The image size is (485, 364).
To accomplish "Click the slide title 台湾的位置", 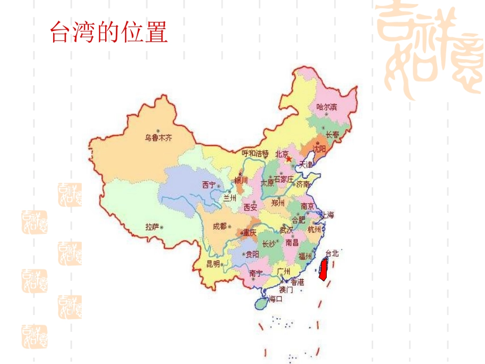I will coord(109,33).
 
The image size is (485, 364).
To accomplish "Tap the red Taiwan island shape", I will coord(323,269).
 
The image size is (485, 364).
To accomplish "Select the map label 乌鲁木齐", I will coord(158,137).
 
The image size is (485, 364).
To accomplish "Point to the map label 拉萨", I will coord(152,227).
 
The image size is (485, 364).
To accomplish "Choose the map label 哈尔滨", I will coord(327,107).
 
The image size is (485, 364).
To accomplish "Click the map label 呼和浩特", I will coord(255,153).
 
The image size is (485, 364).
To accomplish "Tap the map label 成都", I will coord(220,226).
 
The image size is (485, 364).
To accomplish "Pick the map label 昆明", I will coord(213,263).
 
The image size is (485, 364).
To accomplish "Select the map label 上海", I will coord(327,215).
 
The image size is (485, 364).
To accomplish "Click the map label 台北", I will coord(332,253).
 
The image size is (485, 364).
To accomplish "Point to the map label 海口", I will coord(276,299).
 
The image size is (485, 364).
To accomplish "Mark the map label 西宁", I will coord(209,184).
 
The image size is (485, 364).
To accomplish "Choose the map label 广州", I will coord(284,271).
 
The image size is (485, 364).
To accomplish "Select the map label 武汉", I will coord(286,230).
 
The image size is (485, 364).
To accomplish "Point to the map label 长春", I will coord(332,135).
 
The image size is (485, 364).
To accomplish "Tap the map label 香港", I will coord(297,282).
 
